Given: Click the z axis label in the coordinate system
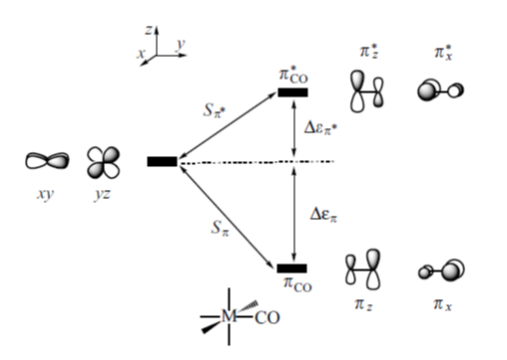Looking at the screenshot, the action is [149, 30].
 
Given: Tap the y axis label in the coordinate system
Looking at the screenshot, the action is [181, 44].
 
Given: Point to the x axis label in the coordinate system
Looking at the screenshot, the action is [141, 53].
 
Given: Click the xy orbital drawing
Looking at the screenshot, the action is [47, 161].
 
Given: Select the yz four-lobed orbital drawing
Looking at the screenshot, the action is [103, 162].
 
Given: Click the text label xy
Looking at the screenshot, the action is [45, 194].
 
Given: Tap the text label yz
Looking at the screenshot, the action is [102, 194].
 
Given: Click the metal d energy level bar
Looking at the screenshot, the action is [162, 161].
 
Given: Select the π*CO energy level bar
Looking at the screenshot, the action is [293, 92].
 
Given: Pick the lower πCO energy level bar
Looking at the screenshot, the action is [292, 268].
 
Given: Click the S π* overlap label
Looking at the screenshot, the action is [214, 110].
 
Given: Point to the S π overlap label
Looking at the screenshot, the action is [220, 228].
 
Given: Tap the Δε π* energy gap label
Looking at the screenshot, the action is [321, 128].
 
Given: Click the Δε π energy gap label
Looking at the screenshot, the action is [324, 214].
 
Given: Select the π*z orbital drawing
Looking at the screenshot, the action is [366, 91].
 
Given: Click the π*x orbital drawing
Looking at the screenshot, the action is [441, 90].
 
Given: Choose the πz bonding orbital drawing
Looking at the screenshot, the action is [363, 269].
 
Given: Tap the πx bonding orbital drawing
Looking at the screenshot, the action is [442, 270].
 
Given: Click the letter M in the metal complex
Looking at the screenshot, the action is [229, 316].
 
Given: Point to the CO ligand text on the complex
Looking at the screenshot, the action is [267, 318].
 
